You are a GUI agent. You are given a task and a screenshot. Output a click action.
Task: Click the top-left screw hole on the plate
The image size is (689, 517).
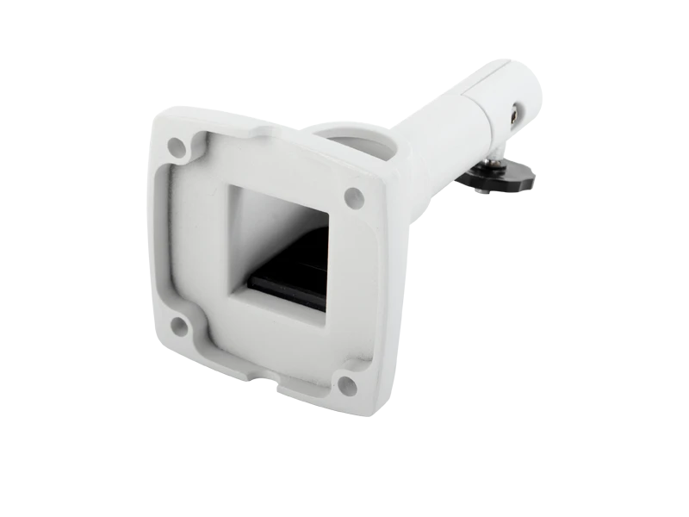point(177,146)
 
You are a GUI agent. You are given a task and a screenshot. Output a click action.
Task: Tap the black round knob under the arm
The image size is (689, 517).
point(497,181)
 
